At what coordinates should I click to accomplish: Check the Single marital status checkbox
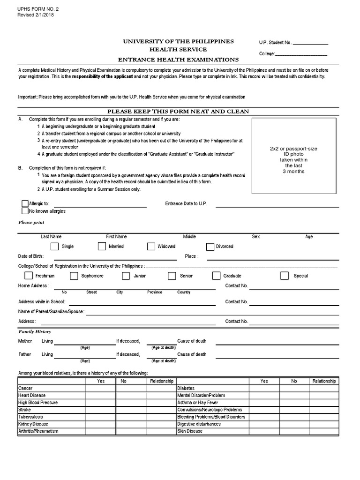(x=55, y=246)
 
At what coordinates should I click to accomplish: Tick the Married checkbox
(x=102, y=246)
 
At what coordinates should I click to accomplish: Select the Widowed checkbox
(x=151, y=246)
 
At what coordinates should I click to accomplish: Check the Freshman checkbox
(x=29, y=276)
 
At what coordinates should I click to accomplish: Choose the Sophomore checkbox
(x=74, y=276)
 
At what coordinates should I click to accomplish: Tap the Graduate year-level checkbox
(x=216, y=276)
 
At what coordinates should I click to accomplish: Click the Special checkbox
(x=285, y=276)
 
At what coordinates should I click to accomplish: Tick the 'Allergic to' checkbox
(x=25, y=203)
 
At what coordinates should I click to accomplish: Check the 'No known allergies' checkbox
(x=25, y=211)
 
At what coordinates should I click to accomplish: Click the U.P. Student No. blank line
(x=310, y=43)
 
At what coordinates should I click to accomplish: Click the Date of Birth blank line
(x=115, y=258)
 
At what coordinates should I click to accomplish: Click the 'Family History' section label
(x=34, y=331)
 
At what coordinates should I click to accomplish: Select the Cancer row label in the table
(x=25, y=389)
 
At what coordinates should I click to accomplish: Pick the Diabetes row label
(x=186, y=389)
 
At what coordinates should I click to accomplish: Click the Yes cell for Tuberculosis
(x=101, y=417)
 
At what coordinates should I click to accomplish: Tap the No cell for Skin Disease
(x=294, y=431)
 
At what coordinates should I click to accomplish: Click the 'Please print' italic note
(x=31, y=223)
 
